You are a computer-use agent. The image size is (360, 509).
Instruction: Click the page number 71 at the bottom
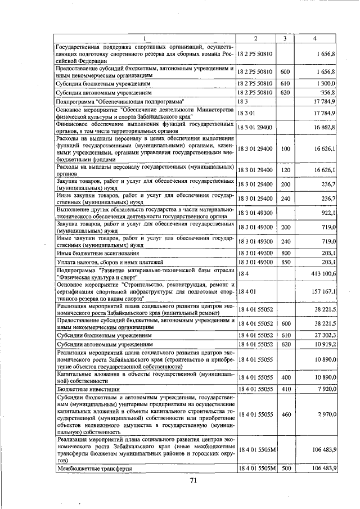pyautogui.click(x=193, y=481)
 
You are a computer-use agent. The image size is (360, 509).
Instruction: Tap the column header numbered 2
pyautogui.click(x=256, y=38)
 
